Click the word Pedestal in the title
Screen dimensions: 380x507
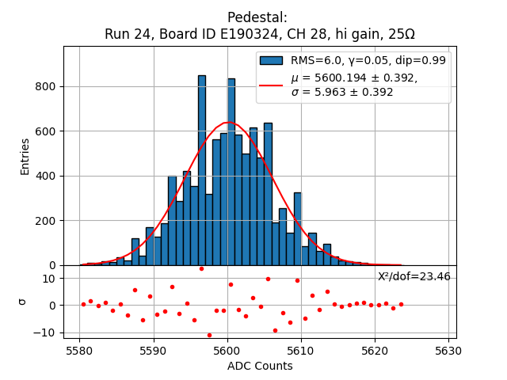(x=257, y=17)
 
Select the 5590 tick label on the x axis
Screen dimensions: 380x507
(x=153, y=350)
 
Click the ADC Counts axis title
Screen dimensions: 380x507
(x=260, y=366)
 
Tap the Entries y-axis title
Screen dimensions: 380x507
(x=25, y=156)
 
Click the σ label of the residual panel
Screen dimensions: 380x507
(x=23, y=302)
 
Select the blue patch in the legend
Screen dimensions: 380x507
(x=272, y=60)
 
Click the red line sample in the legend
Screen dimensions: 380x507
(x=272, y=84)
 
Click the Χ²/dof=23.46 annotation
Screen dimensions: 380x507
(x=414, y=276)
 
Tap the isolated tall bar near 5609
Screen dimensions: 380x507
(x=297, y=229)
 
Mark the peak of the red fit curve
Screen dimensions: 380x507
(x=229, y=123)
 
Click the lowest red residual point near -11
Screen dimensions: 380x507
(x=209, y=335)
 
